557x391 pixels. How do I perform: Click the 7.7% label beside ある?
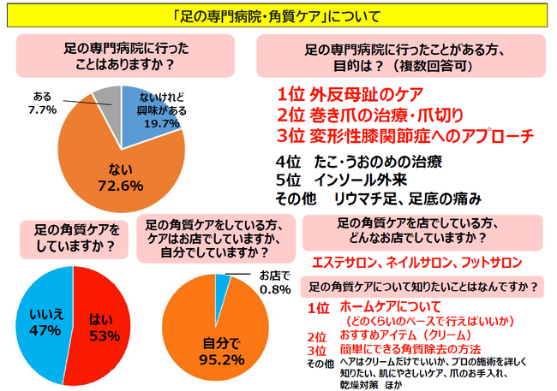tap(43, 110)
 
